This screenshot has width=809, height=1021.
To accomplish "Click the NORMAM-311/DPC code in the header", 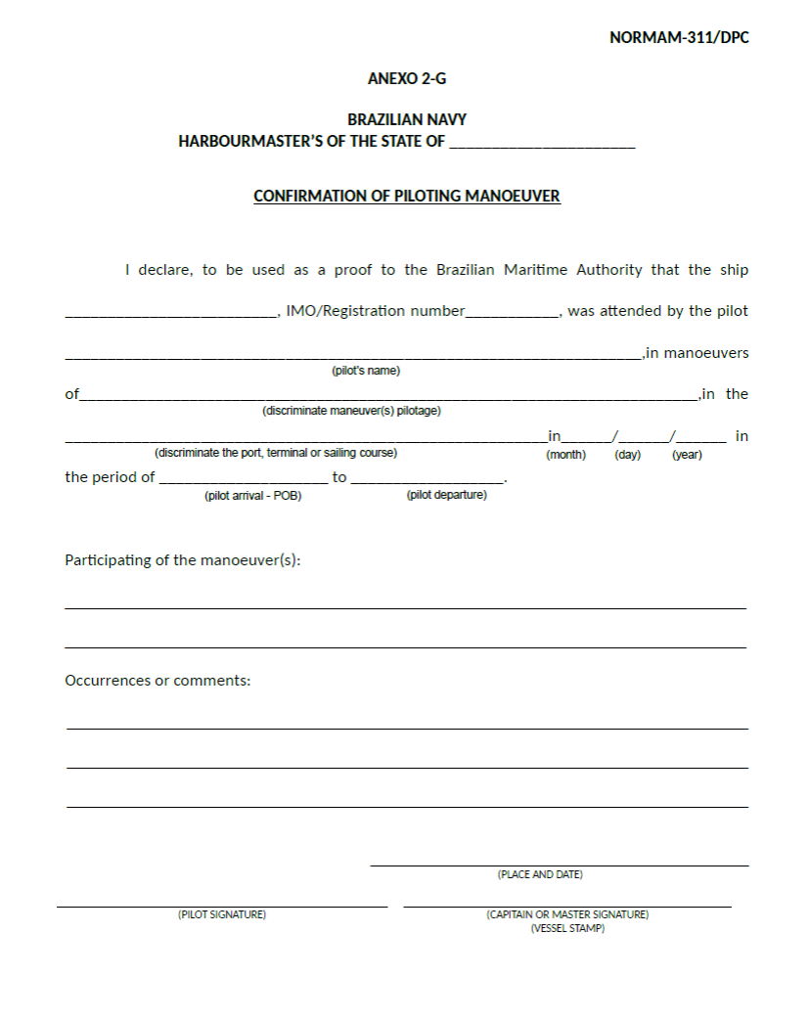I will pos(679,38).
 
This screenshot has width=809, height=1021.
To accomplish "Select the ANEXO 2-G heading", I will pos(407,78).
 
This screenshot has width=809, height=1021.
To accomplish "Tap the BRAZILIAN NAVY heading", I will pos(407,119).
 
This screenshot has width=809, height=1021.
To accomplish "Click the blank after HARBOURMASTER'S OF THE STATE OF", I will pos(542,143).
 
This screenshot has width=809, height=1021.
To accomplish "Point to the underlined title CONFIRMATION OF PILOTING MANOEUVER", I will pos(407,196).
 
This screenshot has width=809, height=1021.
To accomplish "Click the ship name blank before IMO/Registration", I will pos(171,313).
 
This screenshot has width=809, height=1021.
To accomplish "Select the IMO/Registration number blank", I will pos(512,313).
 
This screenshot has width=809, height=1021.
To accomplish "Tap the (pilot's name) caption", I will pos(366,371).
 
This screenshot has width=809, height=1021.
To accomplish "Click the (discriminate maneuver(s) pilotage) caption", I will pos(351,411).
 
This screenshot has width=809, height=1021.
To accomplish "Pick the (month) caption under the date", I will pos(565,455).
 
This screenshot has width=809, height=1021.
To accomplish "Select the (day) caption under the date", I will pos(627,455).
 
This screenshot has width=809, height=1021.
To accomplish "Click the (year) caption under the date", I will pos(687,455).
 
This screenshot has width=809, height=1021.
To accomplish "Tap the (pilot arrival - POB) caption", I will pos(252,496).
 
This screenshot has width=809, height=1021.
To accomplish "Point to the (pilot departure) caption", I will pos(446,495).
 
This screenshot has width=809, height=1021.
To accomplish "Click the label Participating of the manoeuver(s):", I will pos(183,560).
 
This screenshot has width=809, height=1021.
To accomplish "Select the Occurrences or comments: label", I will pos(157,680).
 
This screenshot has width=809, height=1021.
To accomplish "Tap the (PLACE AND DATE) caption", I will pos(540,874).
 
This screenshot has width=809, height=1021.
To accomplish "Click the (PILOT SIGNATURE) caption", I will pos(222,914).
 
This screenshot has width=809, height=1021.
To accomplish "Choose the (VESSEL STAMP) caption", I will pos(567,928).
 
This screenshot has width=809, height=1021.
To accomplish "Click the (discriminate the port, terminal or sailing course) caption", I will pos(276,453).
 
